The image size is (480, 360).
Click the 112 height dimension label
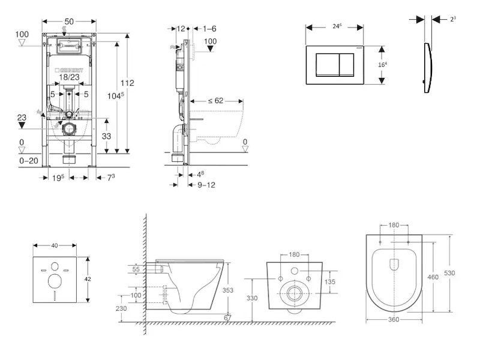[x=127, y=83]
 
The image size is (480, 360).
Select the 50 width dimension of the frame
[x=70, y=22]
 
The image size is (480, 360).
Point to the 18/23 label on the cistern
[x=69, y=77]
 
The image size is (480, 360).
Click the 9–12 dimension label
[x=206, y=185]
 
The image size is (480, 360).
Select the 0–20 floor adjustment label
[x=29, y=161]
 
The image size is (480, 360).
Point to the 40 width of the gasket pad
[x=55, y=245]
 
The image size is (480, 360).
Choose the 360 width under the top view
[x=394, y=319]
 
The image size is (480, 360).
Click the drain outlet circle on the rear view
[x=295, y=293]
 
